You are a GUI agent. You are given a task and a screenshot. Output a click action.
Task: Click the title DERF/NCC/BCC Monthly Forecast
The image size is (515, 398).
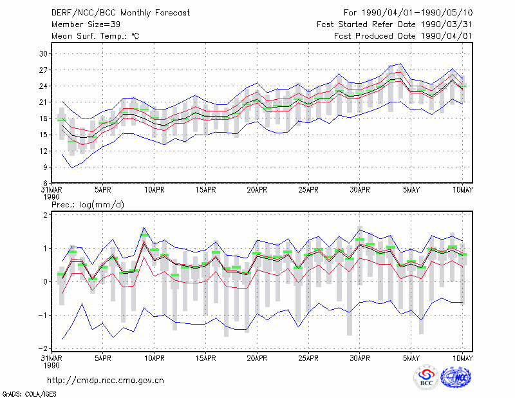tap(120, 13)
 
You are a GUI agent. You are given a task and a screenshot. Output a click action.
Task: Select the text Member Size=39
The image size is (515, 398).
tap(86, 24)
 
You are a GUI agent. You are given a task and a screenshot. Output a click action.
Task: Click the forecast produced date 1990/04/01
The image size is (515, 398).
tap(447, 36)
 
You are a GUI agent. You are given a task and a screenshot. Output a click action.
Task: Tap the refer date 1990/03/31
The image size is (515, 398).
tap(447, 24)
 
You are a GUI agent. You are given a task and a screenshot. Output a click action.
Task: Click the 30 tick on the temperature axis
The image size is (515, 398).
tap(43, 53)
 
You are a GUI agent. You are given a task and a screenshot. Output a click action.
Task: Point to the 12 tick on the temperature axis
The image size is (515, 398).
tap(43, 151)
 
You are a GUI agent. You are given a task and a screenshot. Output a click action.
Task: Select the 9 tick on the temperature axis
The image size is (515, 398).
tap(45, 167)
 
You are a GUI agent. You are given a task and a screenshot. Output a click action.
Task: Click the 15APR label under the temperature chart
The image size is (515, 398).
tap(205, 190)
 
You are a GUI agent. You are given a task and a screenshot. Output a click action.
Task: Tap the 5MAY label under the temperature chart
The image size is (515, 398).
tap(411, 190)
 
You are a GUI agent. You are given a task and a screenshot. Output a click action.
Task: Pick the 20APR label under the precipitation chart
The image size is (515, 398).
tap(257, 358)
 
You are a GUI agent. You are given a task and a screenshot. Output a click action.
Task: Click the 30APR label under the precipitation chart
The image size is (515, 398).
tap(360, 358)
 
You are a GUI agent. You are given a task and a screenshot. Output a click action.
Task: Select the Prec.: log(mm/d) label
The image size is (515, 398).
tap(88, 205)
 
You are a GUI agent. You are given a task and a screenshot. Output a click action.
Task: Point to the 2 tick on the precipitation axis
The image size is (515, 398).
tap(45, 215)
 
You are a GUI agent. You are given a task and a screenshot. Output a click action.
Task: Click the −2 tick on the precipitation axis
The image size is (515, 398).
tap(43, 348)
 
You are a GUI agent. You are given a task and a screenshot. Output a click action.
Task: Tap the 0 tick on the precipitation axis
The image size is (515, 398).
tap(45, 282)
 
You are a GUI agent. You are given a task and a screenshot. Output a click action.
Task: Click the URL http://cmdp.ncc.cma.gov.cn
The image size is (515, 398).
tap(106, 381)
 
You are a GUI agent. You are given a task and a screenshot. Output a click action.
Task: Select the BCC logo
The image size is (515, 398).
tap(426, 377)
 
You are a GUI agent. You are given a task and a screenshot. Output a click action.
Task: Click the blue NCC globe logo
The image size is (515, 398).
tap(456, 377)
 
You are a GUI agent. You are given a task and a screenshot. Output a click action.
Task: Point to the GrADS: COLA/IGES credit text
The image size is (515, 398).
tap(30, 394)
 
